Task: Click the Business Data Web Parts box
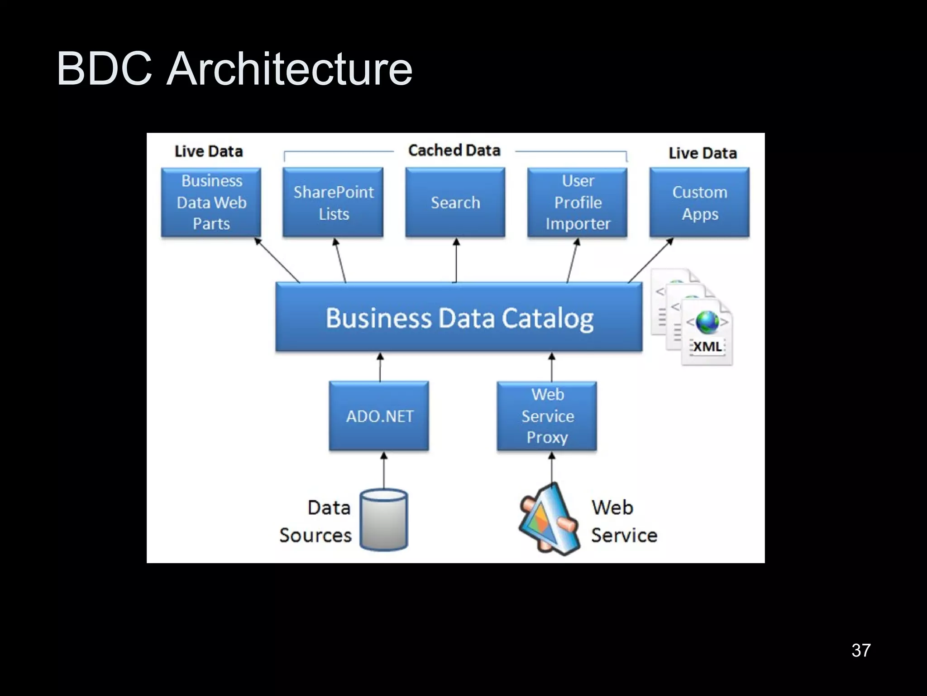[211, 202]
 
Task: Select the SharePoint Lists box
[333, 202]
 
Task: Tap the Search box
[455, 202]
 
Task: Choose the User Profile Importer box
[578, 202]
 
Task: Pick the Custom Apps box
[700, 202]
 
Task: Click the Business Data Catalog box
[459, 317]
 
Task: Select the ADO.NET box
[379, 416]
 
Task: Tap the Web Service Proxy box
[547, 416]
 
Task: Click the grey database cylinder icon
[384, 520]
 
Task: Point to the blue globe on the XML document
[707, 322]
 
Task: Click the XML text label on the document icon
[707, 347]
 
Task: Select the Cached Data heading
[454, 150]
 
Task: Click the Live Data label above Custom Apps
[702, 153]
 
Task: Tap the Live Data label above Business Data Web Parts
[209, 151]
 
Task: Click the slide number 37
[861, 651]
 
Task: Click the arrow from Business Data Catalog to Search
[456, 261]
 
